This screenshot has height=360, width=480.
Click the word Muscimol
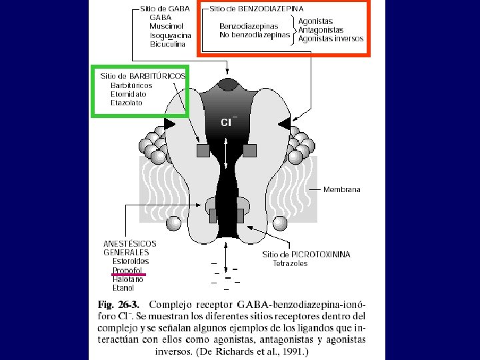[166, 26]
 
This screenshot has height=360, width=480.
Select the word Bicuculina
[167, 44]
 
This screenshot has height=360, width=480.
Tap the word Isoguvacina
[171, 35]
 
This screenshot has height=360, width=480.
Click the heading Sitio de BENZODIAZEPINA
[257, 9]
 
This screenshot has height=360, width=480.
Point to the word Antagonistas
[321, 30]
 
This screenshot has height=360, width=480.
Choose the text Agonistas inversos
[331, 39]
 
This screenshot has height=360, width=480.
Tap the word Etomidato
[129, 94]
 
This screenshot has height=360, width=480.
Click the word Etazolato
[127, 103]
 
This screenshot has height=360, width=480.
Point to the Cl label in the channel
[227, 121]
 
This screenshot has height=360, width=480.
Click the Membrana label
[341, 189]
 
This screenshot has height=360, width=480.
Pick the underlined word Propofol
[127, 271]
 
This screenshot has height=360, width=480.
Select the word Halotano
[127, 279]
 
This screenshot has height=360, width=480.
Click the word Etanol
[123, 288]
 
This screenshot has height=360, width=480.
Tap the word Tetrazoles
[291, 263]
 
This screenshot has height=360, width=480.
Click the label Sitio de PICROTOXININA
[306, 255]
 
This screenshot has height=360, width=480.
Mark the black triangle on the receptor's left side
[169, 123]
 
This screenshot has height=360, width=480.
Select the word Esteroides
[131, 261]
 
